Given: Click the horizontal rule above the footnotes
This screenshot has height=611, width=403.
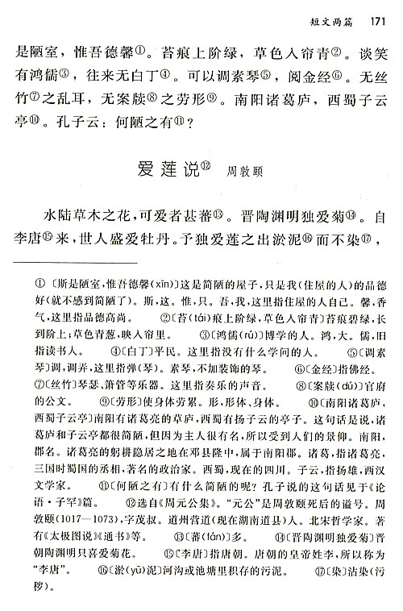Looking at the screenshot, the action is (77, 264).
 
